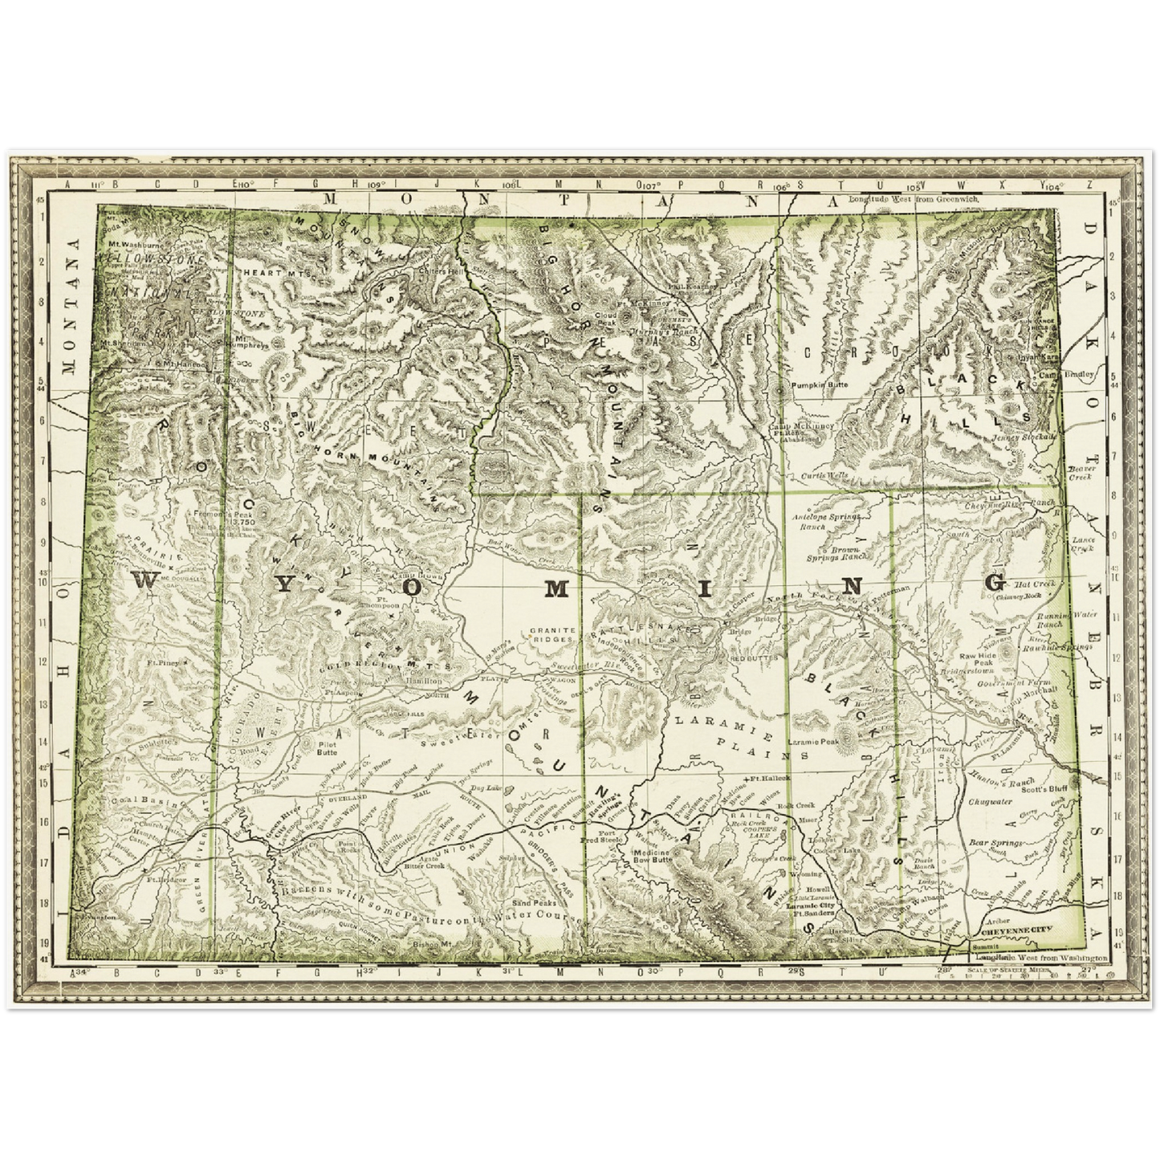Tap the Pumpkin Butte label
(819, 385)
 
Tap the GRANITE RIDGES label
(552, 635)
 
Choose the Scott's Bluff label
(1043, 789)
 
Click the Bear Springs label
(995, 843)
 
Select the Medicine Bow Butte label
(652, 855)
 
